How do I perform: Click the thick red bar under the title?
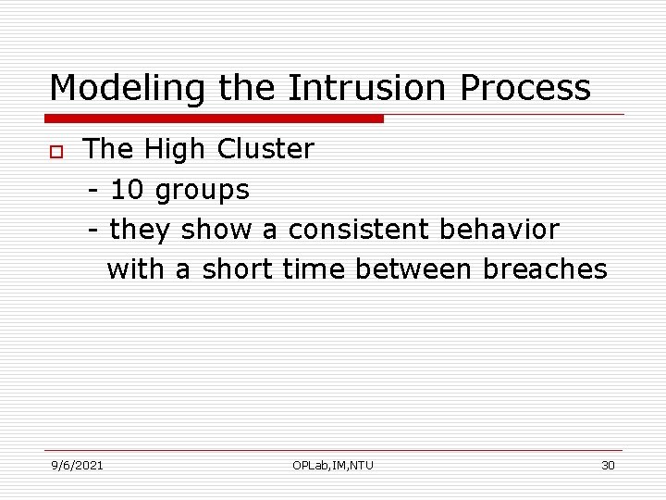(x=215, y=119)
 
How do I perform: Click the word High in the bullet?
(x=175, y=149)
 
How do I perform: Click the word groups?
(x=202, y=191)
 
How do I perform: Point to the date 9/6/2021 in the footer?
(x=77, y=465)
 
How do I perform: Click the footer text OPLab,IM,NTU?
(x=333, y=465)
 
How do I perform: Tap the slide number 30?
(x=608, y=465)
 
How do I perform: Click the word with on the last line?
(x=136, y=269)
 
